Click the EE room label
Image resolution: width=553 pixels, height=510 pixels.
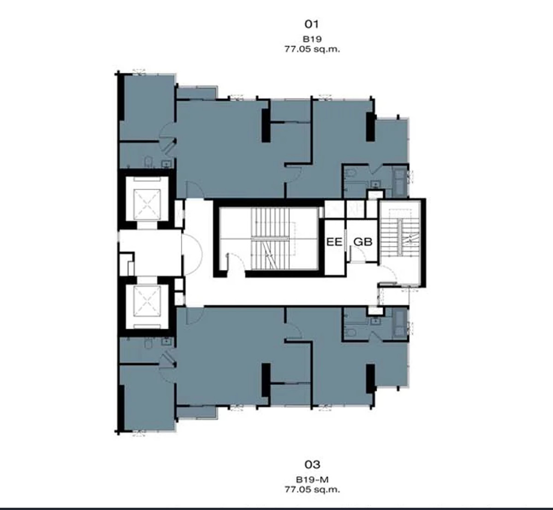(334, 242)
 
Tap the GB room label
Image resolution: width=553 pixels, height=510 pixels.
(363, 242)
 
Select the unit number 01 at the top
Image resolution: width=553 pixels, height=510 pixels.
(312, 24)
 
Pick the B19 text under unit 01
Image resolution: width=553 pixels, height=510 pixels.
(312, 39)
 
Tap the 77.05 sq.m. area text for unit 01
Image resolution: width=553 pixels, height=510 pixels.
(312, 49)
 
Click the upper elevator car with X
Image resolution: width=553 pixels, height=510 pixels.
(147, 204)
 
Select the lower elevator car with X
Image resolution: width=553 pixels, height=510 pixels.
(147, 301)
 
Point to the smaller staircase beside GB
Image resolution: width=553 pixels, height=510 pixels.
(400, 237)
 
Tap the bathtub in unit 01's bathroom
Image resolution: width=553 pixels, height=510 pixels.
(400, 182)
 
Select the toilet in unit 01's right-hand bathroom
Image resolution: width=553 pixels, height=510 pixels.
(351, 173)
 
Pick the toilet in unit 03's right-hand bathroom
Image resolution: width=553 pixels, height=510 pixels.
(351, 332)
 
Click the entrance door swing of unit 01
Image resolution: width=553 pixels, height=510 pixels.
(195, 190)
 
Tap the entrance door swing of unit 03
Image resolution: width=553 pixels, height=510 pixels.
(195, 316)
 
